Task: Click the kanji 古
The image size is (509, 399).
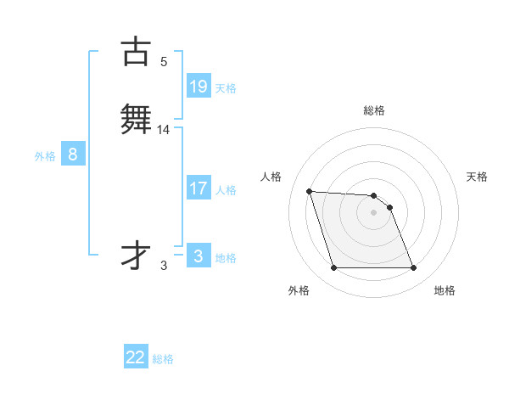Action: [x=136, y=52]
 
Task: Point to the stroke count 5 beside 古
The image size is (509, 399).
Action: [x=164, y=61]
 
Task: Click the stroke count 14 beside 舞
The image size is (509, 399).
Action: [x=164, y=129]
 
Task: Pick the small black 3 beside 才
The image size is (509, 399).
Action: [x=164, y=265]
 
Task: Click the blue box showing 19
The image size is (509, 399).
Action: [x=199, y=87]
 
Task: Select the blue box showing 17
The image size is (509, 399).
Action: [x=199, y=188]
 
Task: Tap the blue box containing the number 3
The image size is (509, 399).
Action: [x=199, y=256]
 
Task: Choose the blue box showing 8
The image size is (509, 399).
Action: [x=73, y=155]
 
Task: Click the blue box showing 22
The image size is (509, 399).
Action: [x=136, y=357]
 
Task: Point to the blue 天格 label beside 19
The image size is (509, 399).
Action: [x=226, y=88]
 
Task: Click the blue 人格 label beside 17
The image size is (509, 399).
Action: [x=226, y=190]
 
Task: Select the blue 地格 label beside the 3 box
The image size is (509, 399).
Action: [x=226, y=258]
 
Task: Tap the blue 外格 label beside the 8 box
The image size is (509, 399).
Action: [x=44, y=156]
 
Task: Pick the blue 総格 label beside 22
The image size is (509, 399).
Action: [x=163, y=359]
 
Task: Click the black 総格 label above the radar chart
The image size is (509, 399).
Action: [x=374, y=110]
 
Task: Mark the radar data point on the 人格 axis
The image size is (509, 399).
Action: [x=310, y=191]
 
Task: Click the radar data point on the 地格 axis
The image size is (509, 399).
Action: [x=413, y=268]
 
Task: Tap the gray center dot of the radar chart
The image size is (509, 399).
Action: [x=374, y=212]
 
